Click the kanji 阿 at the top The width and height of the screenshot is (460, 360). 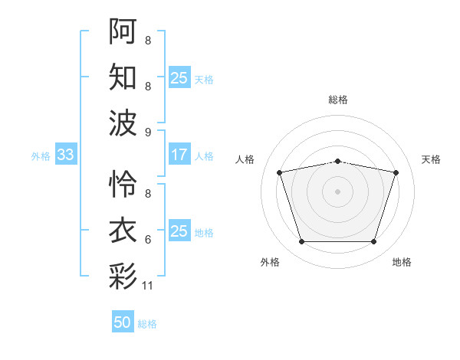123,31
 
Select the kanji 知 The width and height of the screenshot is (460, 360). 123,77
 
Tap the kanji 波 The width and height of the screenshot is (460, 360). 123,123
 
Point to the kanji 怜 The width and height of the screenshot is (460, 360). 123,184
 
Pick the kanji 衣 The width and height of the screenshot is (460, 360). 123,230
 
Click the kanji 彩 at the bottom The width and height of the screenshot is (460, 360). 123,276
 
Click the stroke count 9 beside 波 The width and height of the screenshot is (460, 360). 148,133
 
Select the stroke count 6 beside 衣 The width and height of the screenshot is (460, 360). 148,240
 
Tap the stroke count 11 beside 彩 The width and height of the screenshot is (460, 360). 147,286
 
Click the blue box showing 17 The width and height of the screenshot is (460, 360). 179,154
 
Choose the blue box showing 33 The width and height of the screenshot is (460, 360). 66,154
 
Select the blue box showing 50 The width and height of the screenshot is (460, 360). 123,321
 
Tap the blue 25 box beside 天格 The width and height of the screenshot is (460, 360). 179,77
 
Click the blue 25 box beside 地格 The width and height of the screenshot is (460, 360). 179,230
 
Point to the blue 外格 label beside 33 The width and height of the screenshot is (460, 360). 41,156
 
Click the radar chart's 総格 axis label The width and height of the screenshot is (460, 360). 338,100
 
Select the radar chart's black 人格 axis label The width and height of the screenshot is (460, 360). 245,159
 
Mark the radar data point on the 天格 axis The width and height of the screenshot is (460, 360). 396,172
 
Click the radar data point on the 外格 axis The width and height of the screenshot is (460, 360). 302,241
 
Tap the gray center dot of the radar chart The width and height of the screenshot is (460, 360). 337,191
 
